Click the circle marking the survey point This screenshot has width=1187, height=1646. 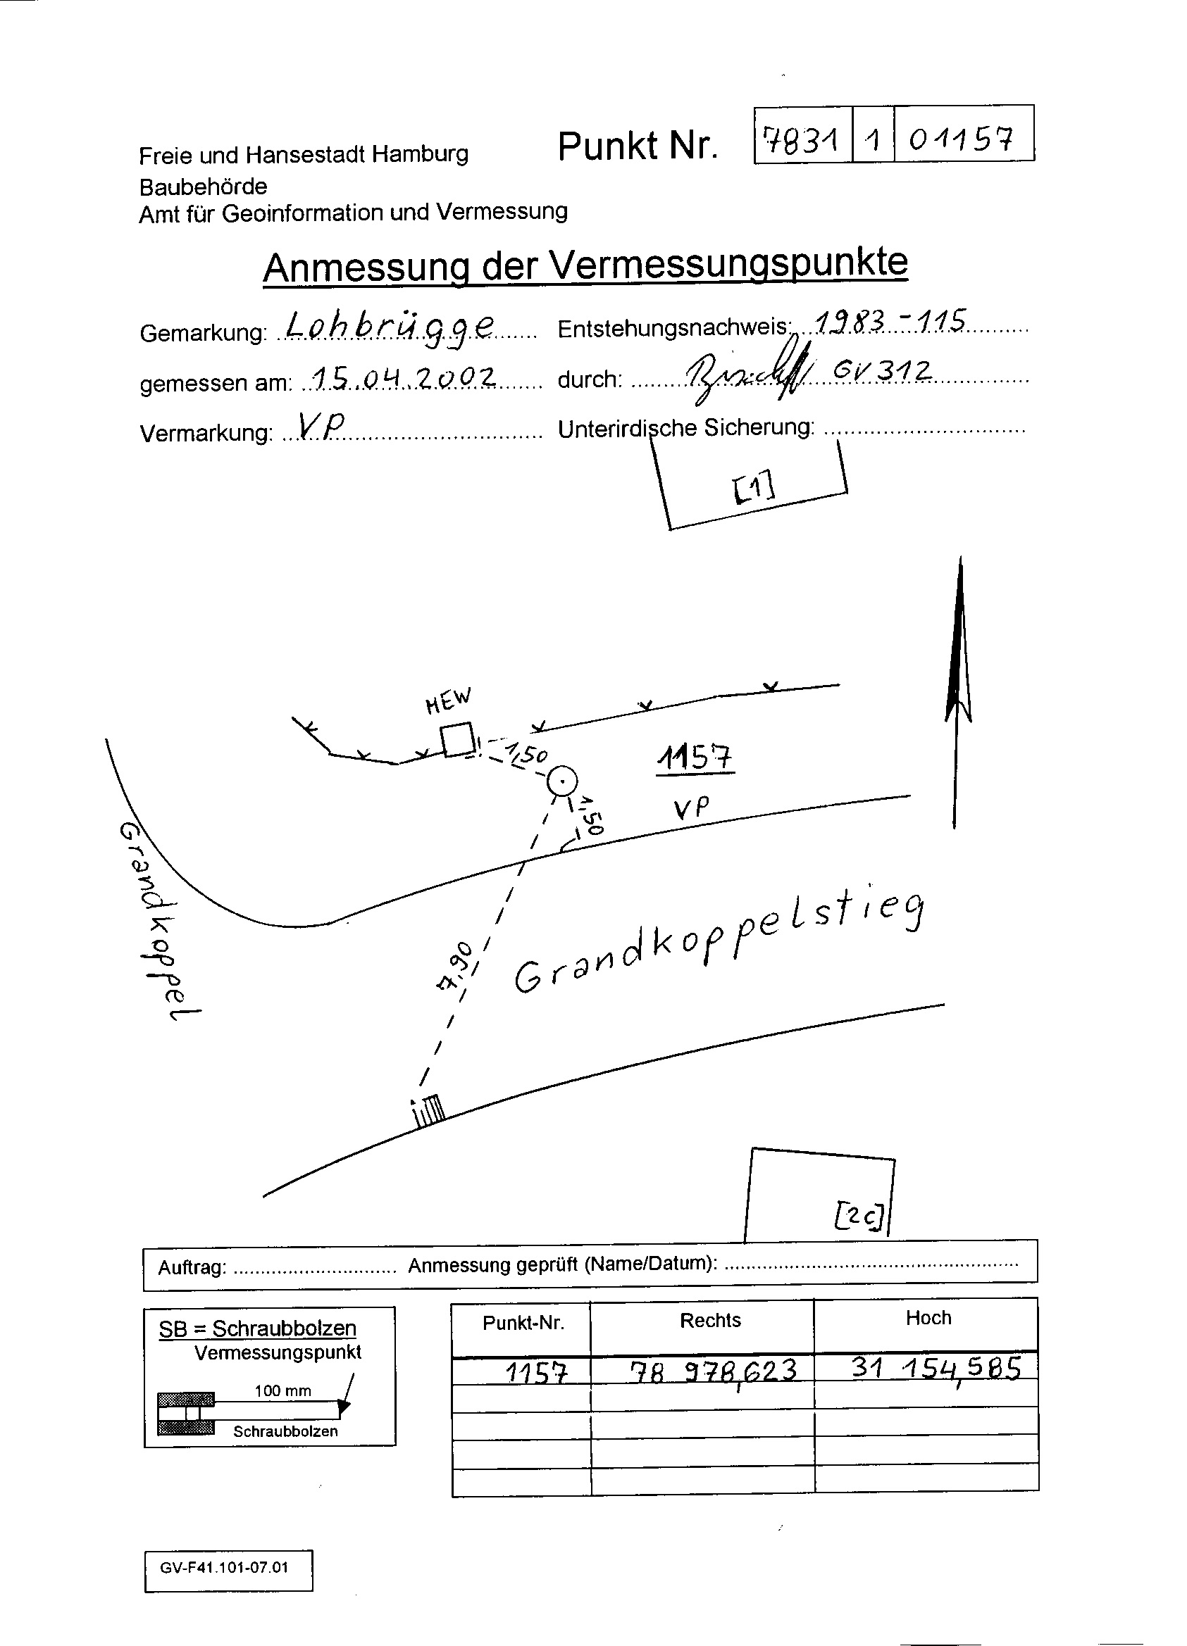pos(561,781)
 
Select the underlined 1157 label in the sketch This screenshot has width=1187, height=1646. pos(695,759)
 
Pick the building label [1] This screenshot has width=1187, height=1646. pos(754,488)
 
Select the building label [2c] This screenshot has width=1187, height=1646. pos(859,1217)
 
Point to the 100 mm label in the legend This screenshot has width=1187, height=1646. pos(282,1390)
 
